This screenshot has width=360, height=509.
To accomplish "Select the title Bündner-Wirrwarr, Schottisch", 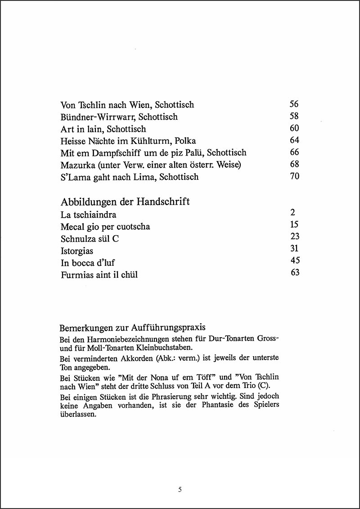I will (119, 117).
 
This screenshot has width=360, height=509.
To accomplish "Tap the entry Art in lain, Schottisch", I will (103, 129).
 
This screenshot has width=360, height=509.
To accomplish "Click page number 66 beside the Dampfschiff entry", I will (294, 152).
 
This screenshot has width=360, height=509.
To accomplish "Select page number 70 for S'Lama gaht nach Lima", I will (294, 176).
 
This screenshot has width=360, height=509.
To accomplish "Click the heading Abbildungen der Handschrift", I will (125, 202).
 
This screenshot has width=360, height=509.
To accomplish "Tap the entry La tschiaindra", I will (88, 215).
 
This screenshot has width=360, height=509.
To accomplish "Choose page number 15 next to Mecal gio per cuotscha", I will (294, 224).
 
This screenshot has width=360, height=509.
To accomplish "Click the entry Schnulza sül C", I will (90, 239).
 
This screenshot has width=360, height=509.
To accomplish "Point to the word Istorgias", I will (77, 251).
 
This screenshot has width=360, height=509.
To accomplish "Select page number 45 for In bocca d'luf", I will (295, 260).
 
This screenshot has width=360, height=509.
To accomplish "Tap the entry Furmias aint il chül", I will (99, 274).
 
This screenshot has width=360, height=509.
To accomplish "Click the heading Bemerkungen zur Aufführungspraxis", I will (132, 327).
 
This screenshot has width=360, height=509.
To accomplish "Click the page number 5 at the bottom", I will (180, 490).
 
